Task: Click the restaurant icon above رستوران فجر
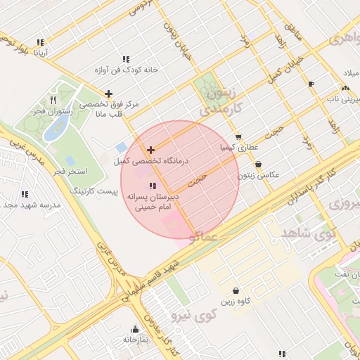pyautogui.click(x=53, y=100)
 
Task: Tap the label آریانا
pyautogui.click(x=39, y=53)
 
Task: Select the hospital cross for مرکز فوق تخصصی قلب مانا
pyautogui.click(x=108, y=94)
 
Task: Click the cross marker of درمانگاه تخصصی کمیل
pyautogui.click(x=150, y=150)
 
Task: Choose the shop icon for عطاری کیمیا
pyautogui.click(x=238, y=137)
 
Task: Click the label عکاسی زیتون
pyautogui.click(x=259, y=174)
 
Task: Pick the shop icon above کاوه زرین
pyautogui.click(x=236, y=290)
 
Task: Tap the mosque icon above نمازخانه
pyautogui.click(x=136, y=328)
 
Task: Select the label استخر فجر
pyautogui.click(x=70, y=172)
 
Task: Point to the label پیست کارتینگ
pyautogui.click(x=94, y=191)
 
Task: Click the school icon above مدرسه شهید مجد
pyautogui.click(x=25, y=194)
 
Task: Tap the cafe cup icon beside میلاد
pyautogui.click(x=311, y=84)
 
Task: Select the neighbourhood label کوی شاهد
pyautogui.click(x=308, y=231)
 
